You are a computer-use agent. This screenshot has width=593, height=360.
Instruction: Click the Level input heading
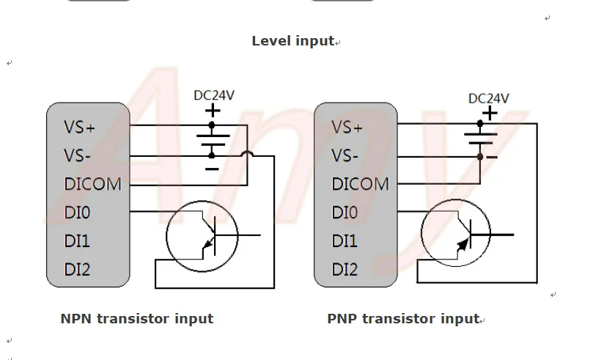click(x=293, y=41)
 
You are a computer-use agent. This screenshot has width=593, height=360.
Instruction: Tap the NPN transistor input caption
click(x=137, y=318)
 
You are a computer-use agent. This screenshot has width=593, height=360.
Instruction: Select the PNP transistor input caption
click(x=404, y=318)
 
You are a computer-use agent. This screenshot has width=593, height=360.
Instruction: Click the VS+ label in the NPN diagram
click(x=79, y=127)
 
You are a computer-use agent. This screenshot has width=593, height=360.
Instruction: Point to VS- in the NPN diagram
click(x=77, y=155)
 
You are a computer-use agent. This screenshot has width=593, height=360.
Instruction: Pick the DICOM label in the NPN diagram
click(x=92, y=184)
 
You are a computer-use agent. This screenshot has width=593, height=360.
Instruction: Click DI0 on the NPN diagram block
click(x=77, y=213)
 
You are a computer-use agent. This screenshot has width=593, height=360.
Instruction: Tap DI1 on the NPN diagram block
click(x=77, y=241)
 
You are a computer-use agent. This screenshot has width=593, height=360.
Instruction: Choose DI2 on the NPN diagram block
click(x=77, y=270)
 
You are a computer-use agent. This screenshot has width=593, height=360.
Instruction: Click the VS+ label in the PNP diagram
click(x=347, y=127)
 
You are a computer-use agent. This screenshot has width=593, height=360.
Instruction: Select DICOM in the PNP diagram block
click(x=360, y=184)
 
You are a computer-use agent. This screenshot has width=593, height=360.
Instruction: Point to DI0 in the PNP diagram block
click(x=345, y=213)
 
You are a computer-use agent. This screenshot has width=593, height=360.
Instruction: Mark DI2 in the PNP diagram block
click(x=345, y=270)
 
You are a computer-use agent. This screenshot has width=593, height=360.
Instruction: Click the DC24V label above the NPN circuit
click(x=214, y=95)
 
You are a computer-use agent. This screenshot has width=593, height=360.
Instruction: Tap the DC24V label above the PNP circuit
click(x=489, y=99)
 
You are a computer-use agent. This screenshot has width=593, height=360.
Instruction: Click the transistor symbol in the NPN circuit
click(x=202, y=236)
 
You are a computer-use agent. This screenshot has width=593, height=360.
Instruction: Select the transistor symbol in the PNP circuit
click(x=456, y=233)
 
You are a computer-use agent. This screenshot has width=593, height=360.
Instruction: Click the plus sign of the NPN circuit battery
click(x=213, y=111)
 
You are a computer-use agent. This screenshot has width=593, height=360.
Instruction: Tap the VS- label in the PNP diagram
click(x=345, y=155)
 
